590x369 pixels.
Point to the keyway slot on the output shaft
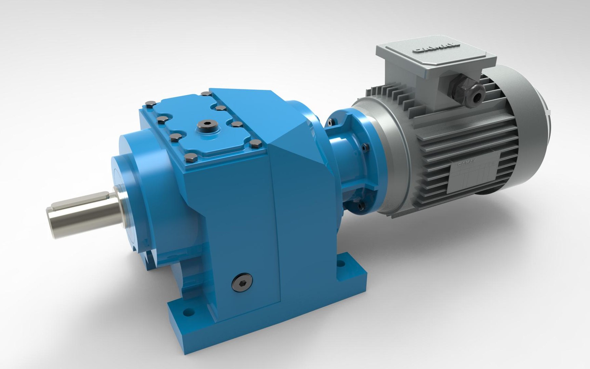click(85, 199)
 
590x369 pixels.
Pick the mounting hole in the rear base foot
click(340, 264)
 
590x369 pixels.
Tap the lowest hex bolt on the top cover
click(191, 158)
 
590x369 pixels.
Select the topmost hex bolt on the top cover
click(205, 93)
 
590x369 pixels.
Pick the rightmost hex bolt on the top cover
click(253, 143)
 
